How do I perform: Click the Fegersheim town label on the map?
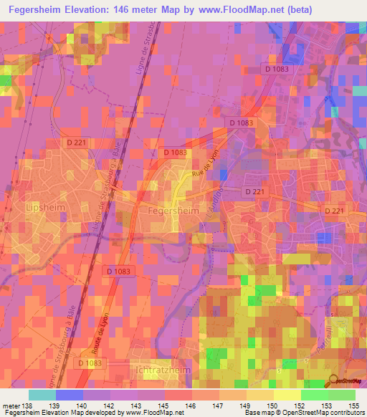(171, 212)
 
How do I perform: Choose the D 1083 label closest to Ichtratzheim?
(88, 364)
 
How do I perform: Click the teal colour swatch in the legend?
(42, 395)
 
